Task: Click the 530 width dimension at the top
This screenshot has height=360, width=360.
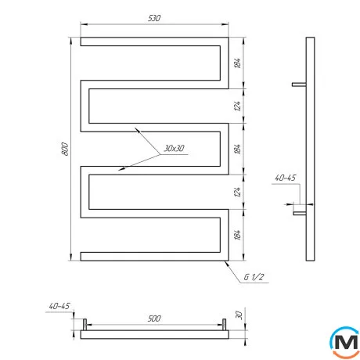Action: point(154,18)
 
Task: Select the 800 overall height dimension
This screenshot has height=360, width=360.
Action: point(65,149)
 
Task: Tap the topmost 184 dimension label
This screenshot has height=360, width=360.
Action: point(237,63)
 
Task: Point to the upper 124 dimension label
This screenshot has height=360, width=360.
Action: point(237,106)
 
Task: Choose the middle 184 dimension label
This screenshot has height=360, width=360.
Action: point(237,149)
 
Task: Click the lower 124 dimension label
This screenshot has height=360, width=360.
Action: point(237,192)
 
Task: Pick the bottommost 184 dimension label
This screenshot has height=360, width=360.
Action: point(237,235)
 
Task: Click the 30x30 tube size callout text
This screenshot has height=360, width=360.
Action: point(174,148)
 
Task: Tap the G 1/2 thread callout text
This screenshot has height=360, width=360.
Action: point(254,277)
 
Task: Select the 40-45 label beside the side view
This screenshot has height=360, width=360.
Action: point(286,178)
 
